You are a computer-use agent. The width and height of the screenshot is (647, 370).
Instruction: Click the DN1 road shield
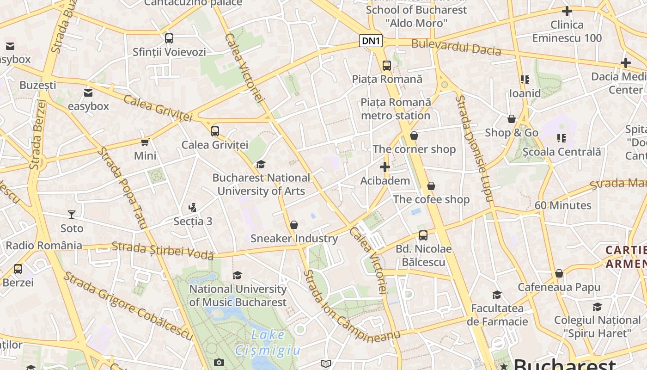pos(371,41)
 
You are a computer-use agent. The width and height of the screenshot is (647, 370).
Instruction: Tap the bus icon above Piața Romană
pos(387,66)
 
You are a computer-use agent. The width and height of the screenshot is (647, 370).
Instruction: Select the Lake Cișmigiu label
pos(268,343)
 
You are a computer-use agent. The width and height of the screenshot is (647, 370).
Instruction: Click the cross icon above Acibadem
pos(385,167)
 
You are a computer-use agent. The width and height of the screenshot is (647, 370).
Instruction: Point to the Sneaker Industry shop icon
pos(294,225)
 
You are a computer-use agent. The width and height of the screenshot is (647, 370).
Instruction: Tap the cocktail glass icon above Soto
pos(72,214)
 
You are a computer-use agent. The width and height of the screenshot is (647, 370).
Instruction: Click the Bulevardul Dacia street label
pos(456,47)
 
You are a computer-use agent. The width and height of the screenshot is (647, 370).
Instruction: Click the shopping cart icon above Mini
pos(145,142)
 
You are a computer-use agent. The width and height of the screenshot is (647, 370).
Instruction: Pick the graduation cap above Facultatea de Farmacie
pos(497,295)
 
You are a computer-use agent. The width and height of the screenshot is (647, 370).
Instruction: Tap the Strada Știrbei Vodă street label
pos(163,250)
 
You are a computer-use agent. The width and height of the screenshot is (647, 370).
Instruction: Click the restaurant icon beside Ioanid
pos(525,80)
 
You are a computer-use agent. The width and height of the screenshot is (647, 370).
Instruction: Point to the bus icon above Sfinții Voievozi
pos(169,38)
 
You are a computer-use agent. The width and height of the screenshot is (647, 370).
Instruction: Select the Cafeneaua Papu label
pos(559,287)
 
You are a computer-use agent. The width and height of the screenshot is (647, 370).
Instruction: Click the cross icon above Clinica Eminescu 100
pos(567,11)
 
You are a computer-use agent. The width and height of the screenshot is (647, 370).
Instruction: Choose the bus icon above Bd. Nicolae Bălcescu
pos(423,235)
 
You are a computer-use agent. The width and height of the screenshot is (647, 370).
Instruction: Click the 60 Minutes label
pos(563,205)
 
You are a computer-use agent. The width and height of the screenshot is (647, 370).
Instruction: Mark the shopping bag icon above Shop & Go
pos(512,119)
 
